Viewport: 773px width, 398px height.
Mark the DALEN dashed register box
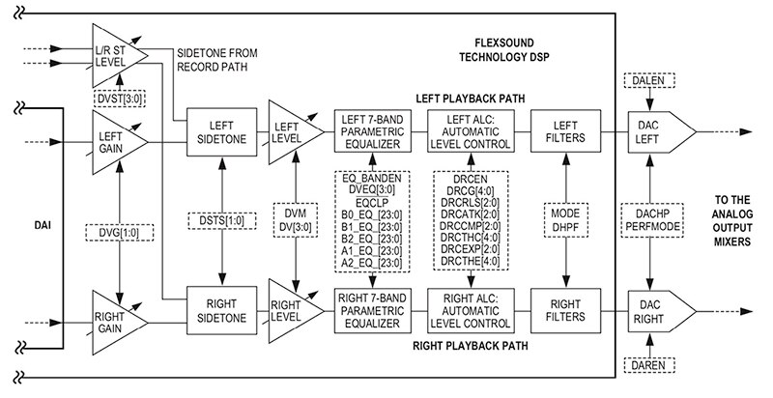pos(650,81)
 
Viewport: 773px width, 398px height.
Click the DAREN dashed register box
pos(650,365)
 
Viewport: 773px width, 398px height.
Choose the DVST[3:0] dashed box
pos(120,99)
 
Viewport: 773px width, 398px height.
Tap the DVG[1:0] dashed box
pos(119,233)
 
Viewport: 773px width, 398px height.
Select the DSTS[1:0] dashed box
pos(223,220)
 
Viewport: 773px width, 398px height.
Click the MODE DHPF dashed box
pos(565,220)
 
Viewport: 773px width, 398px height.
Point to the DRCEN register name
pos(470,179)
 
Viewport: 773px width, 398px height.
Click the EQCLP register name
pos(372,202)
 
